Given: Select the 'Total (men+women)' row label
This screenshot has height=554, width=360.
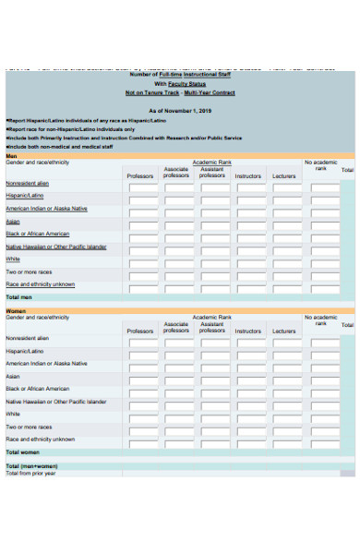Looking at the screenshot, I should pos(31,466).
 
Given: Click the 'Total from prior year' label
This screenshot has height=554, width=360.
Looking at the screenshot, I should pos(30,474).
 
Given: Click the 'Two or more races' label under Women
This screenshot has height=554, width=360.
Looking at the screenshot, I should pos(28,427).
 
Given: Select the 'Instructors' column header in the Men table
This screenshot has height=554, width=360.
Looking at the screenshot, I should pos(247,175).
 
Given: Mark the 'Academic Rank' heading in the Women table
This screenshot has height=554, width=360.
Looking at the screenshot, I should pos(211,317).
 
